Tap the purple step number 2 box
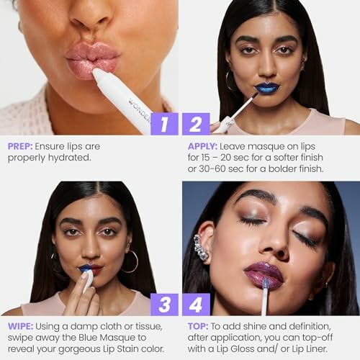[195, 124]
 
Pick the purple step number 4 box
[195, 304]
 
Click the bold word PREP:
[20, 145]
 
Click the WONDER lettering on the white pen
[138, 108]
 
